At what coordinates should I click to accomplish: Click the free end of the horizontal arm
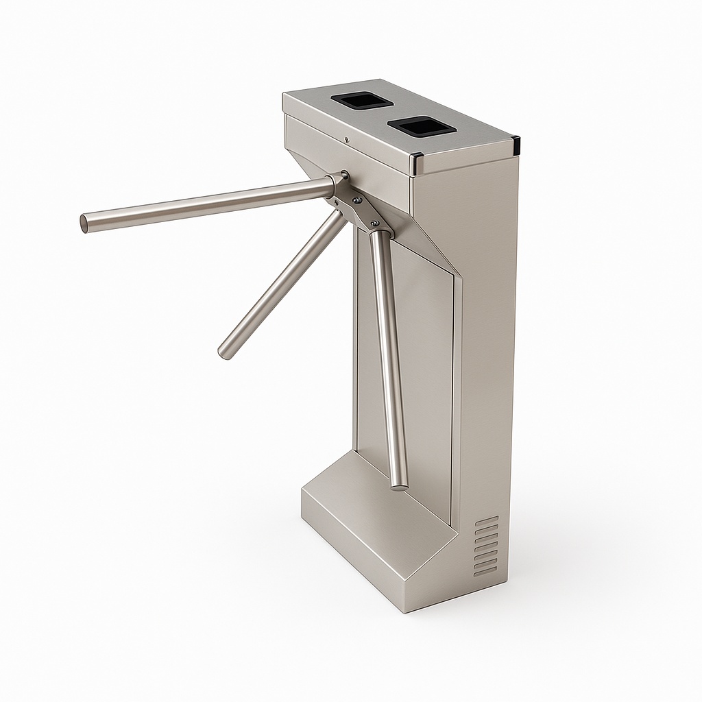[85, 223]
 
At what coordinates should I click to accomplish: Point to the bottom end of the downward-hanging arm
[400, 485]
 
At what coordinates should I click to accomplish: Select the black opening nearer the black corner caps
[419, 125]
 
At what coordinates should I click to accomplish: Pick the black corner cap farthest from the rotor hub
[516, 145]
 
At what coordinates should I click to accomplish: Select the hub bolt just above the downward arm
[374, 223]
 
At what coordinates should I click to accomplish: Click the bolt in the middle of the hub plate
[356, 200]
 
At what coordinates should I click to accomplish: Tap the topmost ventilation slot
[487, 520]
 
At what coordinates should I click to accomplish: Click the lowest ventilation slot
[486, 571]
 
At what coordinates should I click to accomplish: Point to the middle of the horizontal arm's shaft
[206, 204]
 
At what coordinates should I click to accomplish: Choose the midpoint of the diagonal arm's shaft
[281, 285]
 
